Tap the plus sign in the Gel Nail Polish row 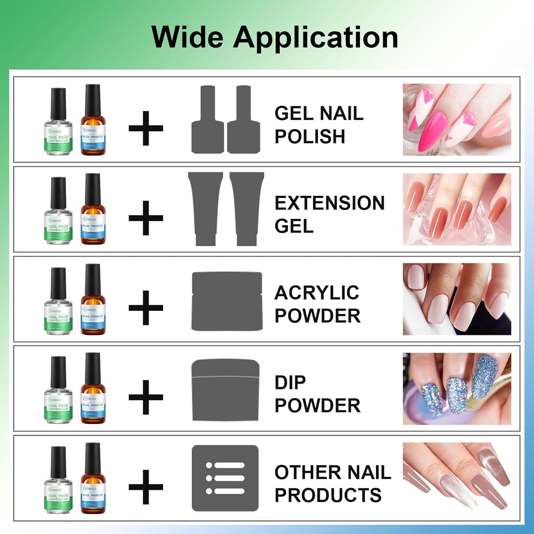pyautogui.click(x=146, y=128)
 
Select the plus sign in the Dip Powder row pyautogui.click(x=146, y=397)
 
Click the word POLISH pyautogui.click(x=310, y=136)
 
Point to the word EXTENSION pyautogui.click(x=329, y=203)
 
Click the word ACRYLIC pyautogui.click(x=317, y=293)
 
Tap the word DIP pyautogui.click(x=290, y=382)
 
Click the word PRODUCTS pyautogui.click(x=328, y=495)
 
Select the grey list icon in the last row pyautogui.click(x=225, y=478)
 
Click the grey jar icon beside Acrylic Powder pyautogui.click(x=227, y=301)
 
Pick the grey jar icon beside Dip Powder pyautogui.click(x=225, y=390)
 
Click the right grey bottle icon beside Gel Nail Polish pyautogui.click(x=244, y=120)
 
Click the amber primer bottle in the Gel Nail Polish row pyautogui.click(x=93, y=122)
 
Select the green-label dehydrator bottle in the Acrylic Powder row pyautogui.click(x=58, y=303)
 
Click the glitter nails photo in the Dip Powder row pyautogui.click(x=457, y=389)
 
